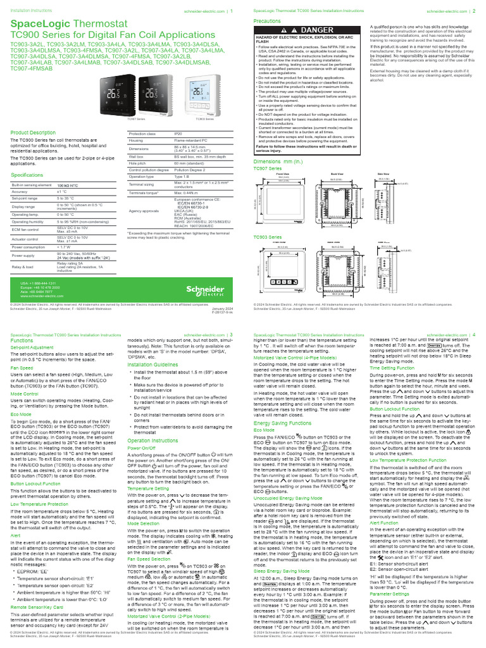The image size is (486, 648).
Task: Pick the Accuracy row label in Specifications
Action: (20, 191)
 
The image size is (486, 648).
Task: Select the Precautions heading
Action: (266, 21)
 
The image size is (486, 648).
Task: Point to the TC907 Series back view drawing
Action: (332, 205)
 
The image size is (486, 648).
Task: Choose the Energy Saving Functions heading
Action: (282, 423)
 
